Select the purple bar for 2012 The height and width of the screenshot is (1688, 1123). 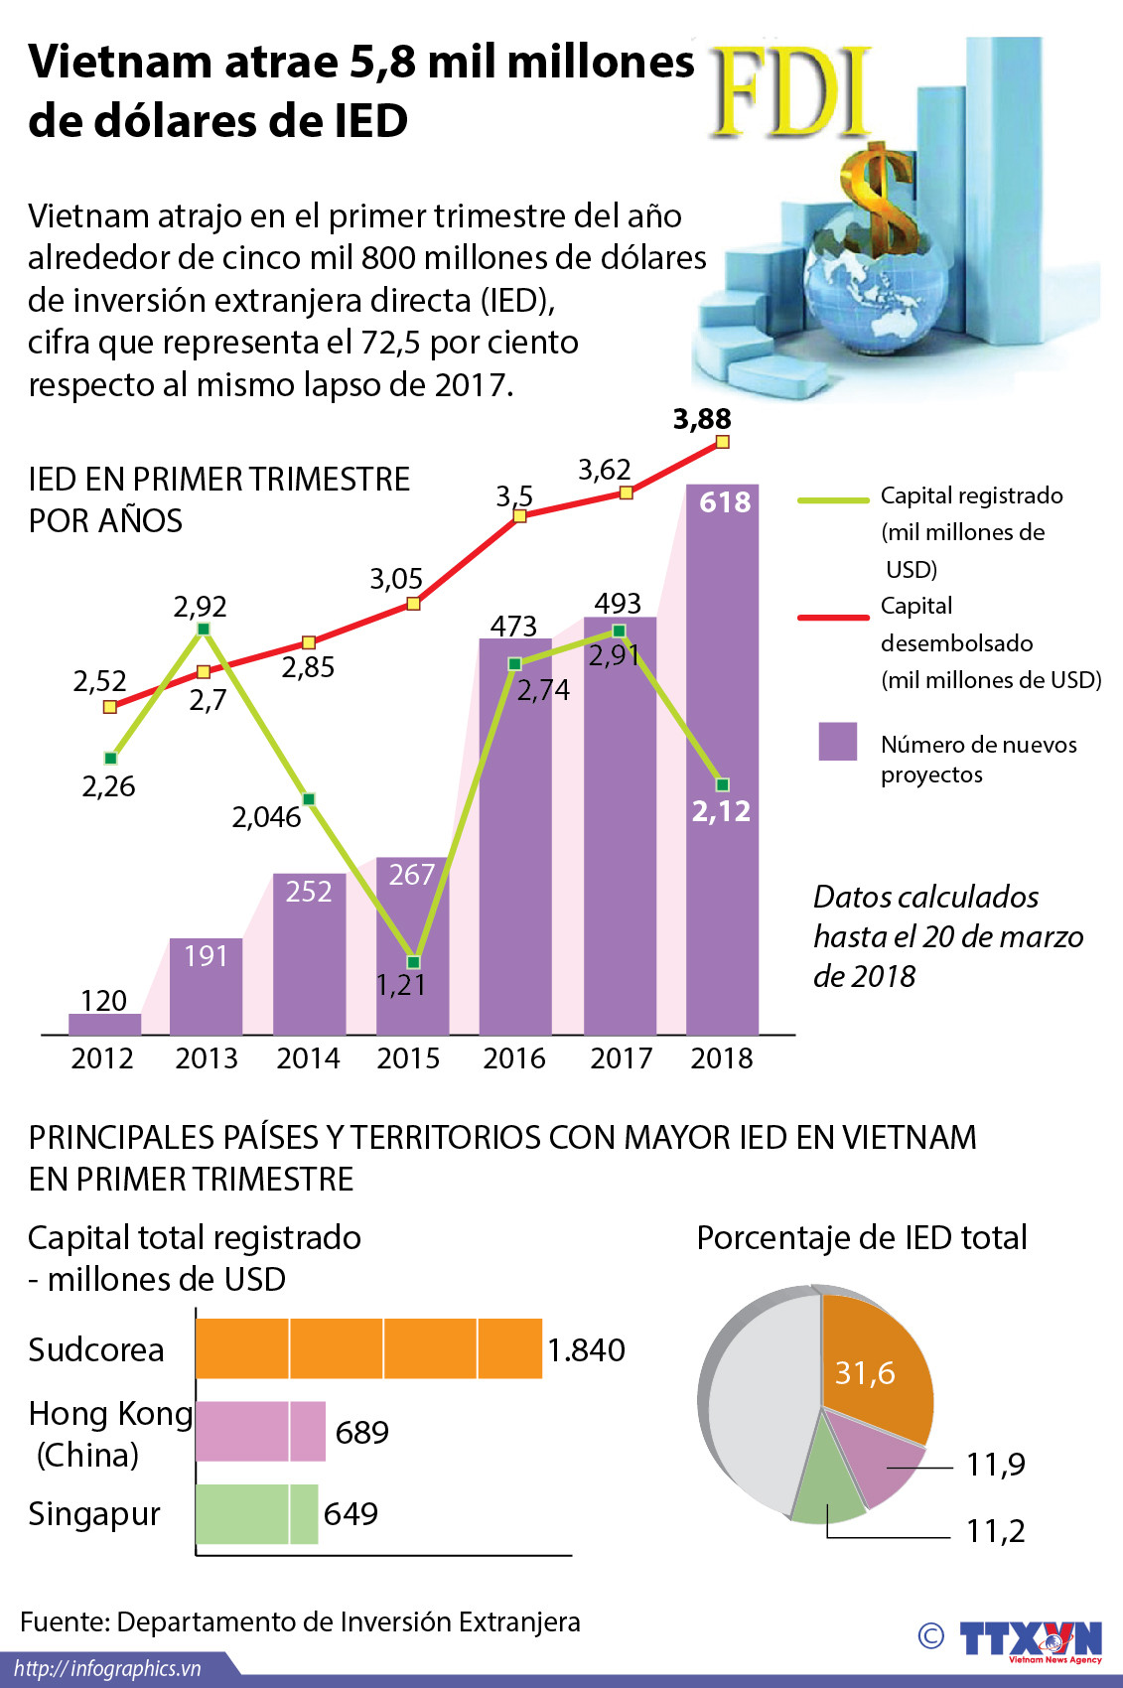click(104, 1024)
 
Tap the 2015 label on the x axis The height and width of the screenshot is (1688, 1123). click(408, 1058)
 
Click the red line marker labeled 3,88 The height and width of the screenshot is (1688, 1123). click(723, 442)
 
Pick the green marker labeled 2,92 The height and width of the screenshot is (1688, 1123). click(204, 629)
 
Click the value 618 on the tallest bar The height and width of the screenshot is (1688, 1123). click(725, 502)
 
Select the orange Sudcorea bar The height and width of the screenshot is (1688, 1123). click(368, 1348)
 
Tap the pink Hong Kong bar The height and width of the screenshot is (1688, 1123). click(260, 1431)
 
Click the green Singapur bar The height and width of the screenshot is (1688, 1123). click(256, 1513)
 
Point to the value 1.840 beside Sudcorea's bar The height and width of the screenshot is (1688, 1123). click(586, 1350)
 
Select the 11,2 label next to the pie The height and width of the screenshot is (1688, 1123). click(995, 1531)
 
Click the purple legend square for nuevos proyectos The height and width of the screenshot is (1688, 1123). click(837, 742)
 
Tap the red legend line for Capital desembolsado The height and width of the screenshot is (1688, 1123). click(833, 618)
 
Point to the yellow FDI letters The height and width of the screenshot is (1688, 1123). click(791, 92)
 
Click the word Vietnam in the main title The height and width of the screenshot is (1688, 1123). click(119, 62)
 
